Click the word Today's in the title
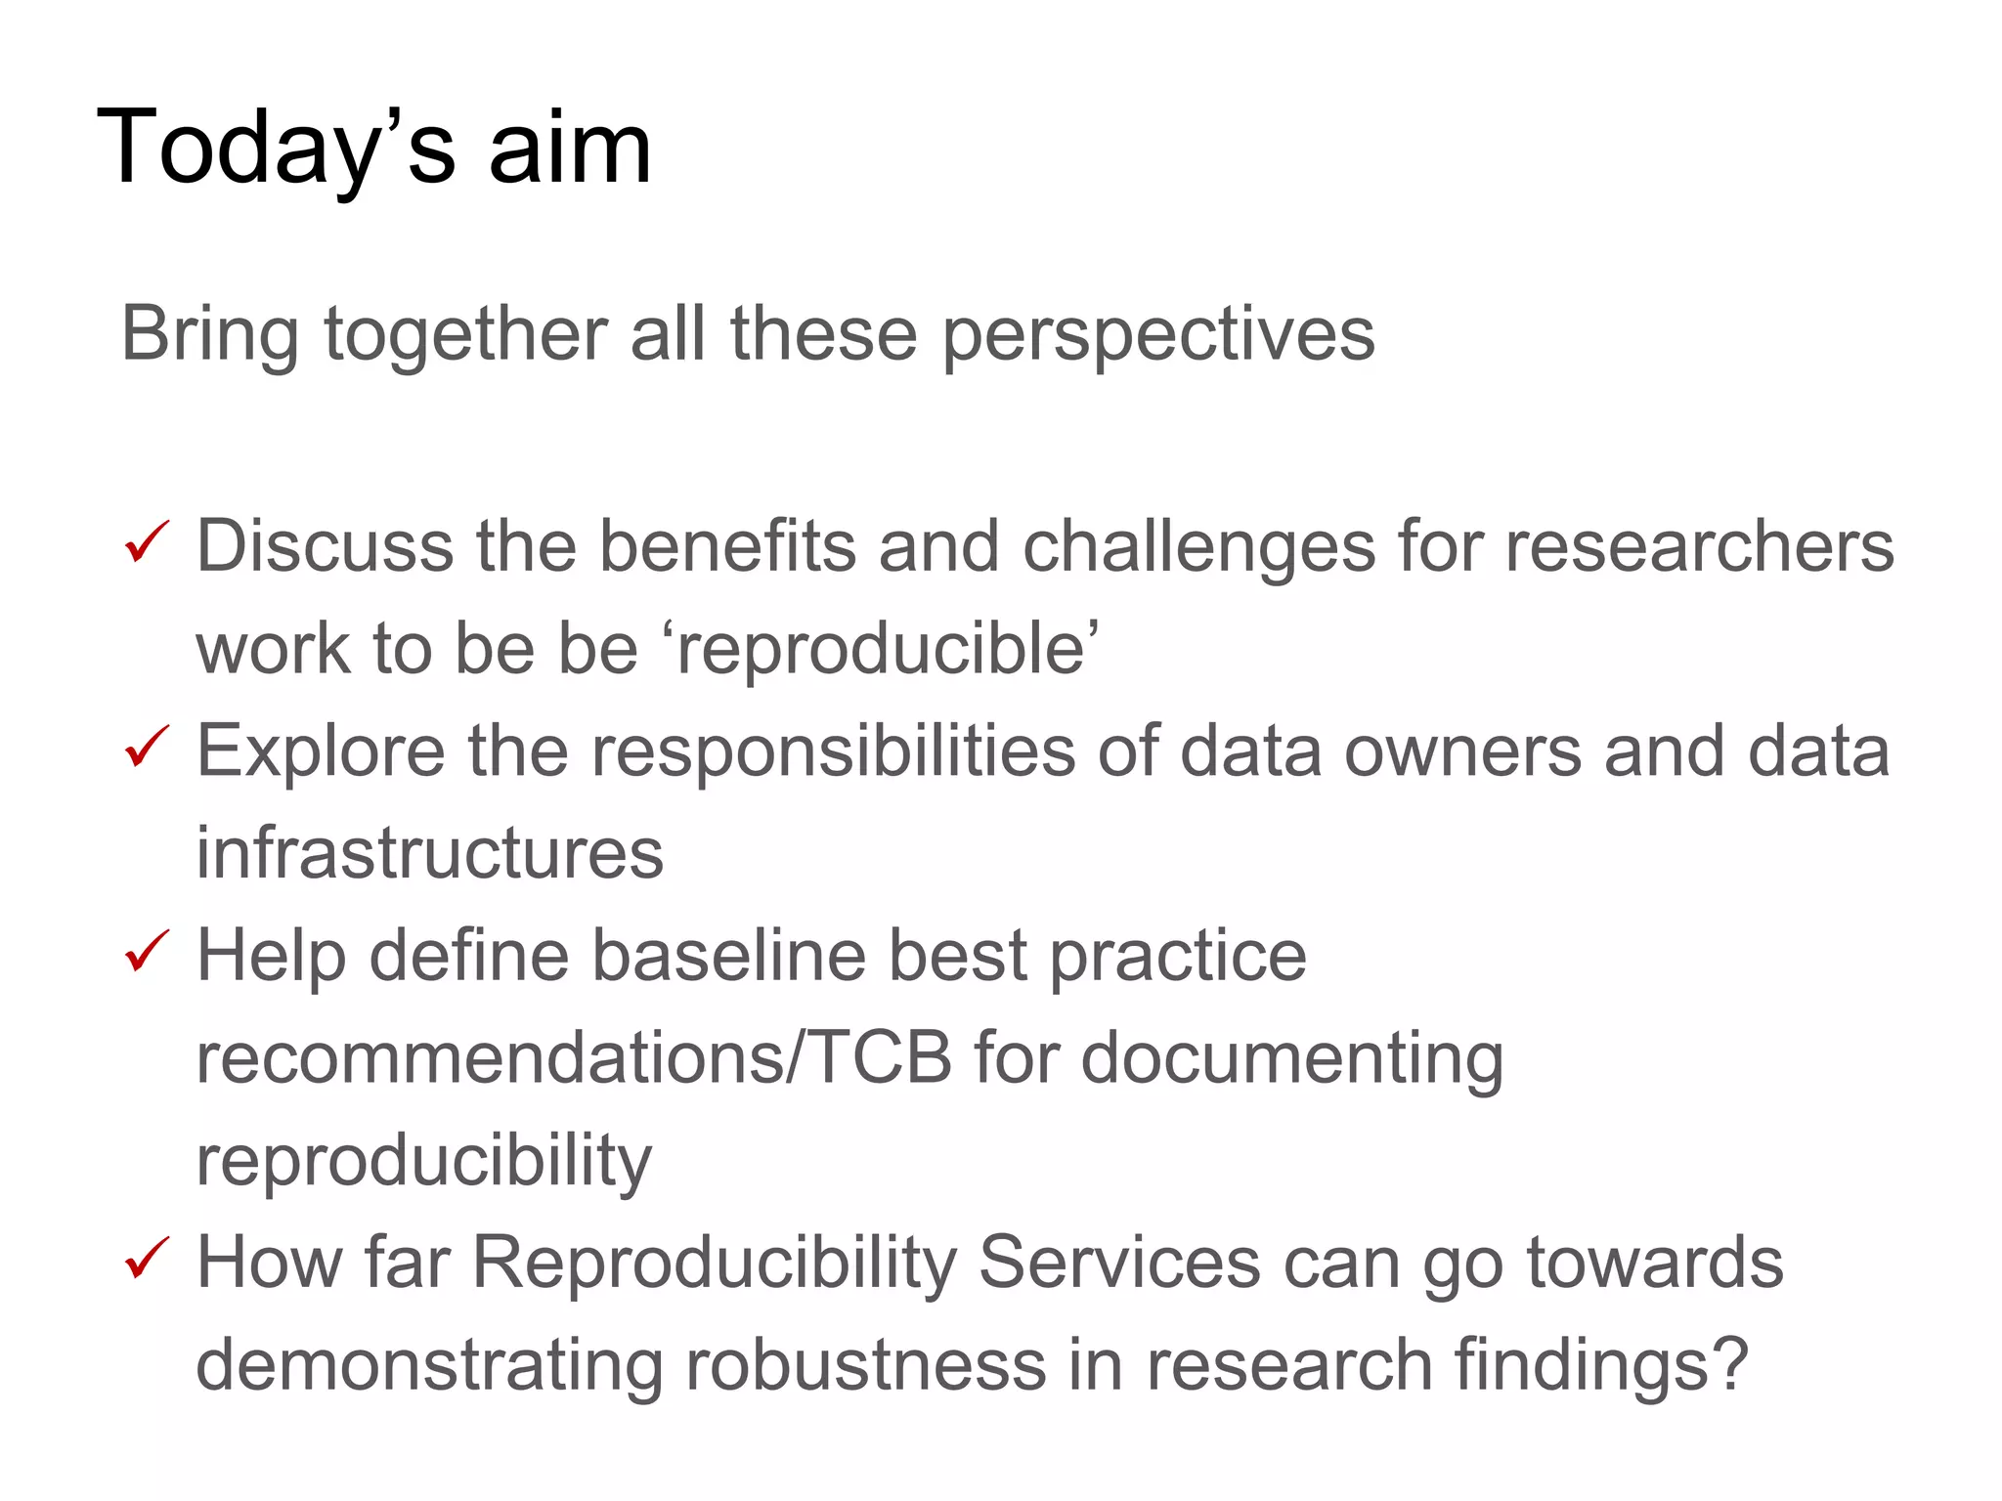pyautogui.click(x=277, y=149)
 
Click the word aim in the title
pyautogui.click(x=569, y=149)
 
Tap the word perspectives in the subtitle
pyautogui.click(x=1158, y=335)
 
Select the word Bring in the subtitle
pyautogui.click(x=210, y=335)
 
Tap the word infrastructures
pyautogui.click(x=430, y=853)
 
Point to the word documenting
pyautogui.click(x=1291, y=1059)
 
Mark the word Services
pyautogui.click(x=1119, y=1263)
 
